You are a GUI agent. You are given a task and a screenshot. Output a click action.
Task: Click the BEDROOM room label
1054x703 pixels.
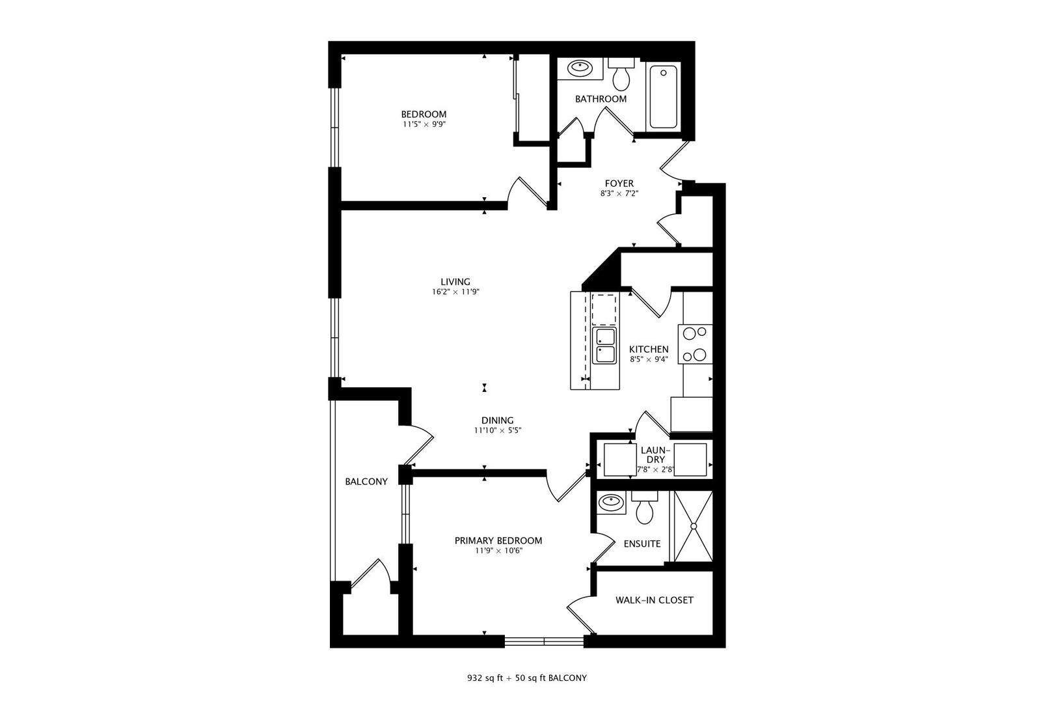[x=424, y=115]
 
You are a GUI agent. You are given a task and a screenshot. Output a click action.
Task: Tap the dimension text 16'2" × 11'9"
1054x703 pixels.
[x=455, y=292]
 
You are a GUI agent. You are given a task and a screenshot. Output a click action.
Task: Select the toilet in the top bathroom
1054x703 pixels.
[x=621, y=77]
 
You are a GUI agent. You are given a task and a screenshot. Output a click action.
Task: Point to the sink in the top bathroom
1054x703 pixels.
[x=578, y=68]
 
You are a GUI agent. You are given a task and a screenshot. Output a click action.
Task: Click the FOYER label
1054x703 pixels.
[x=619, y=184]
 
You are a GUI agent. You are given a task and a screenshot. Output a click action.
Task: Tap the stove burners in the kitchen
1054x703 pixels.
[x=696, y=344]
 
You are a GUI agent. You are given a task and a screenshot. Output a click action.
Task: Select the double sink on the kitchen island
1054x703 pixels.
[x=605, y=346]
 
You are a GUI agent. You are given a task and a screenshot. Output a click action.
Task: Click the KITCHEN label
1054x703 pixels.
[x=649, y=350]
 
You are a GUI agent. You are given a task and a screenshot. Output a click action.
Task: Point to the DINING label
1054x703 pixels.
[x=498, y=420]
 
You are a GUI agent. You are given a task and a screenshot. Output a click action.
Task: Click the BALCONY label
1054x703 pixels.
[x=366, y=482]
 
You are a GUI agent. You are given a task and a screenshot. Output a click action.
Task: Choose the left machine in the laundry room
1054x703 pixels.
[x=619, y=460]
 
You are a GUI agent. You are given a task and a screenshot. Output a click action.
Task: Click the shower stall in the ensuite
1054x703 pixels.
[x=694, y=526]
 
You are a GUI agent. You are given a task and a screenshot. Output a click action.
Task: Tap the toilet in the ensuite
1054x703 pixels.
[x=645, y=509]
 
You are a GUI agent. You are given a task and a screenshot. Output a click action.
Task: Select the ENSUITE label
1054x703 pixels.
[x=642, y=544]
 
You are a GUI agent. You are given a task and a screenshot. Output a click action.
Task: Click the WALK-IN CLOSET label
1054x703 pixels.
[x=654, y=600]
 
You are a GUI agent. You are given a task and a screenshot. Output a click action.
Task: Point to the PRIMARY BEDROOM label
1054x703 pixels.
[x=498, y=541]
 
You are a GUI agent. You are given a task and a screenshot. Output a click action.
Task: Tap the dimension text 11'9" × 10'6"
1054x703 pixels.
[x=498, y=551]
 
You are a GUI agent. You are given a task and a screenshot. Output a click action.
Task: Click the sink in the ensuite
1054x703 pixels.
[x=611, y=502]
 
